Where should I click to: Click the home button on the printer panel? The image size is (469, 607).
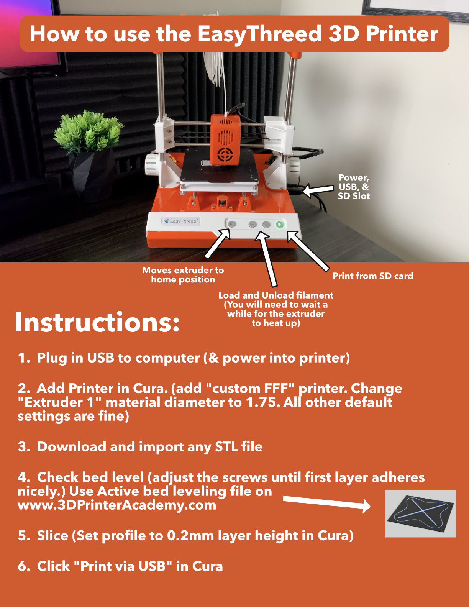tap(231, 224)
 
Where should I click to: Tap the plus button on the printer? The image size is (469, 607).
tap(266, 224)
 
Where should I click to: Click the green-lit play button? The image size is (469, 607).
tap(280, 225)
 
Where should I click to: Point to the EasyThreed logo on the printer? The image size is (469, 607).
tap(180, 221)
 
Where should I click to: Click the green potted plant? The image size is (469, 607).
tap(89, 131)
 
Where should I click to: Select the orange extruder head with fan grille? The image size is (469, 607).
tap(225, 139)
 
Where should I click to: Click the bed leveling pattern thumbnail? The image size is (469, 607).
tap(420, 513)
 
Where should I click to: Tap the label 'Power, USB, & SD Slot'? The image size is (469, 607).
tap(354, 187)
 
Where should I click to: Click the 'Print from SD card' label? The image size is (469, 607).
tap(373, 276)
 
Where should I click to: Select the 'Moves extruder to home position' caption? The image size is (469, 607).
tap(183, 275)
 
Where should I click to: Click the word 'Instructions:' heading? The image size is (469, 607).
tap(97, 322)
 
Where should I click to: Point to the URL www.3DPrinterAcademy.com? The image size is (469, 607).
tap(117, 505)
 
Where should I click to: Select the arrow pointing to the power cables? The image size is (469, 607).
tap(318, 190)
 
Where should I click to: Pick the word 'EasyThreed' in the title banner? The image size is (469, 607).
tap(260, 34)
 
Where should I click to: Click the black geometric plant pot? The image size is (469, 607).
tap(92, 174)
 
